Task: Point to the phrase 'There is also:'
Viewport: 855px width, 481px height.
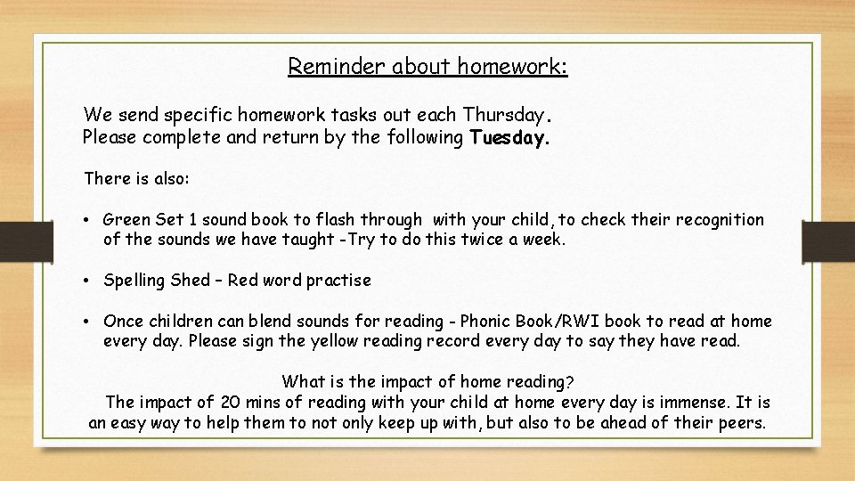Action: (x=136, y=178)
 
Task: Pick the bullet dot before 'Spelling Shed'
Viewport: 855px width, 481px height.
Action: (x=91, y=281)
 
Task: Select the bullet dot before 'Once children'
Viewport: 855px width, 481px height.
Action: (x=91, y=321)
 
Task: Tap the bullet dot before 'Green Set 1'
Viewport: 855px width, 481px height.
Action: (x=91, y=219)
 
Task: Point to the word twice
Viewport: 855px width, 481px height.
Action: (x=475, y=240)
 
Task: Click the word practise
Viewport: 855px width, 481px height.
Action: (x=338, y=281)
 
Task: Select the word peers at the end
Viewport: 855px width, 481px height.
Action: (x=741, y=422)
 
